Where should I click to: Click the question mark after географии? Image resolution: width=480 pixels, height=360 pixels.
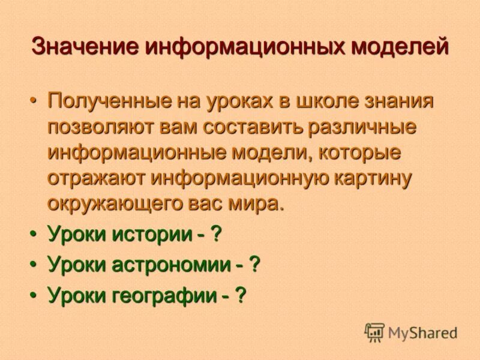tap(241, 295)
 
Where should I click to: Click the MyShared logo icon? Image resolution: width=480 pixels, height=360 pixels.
tap(374, 331)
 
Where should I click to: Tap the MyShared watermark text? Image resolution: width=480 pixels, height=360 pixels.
tap(423, 332)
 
